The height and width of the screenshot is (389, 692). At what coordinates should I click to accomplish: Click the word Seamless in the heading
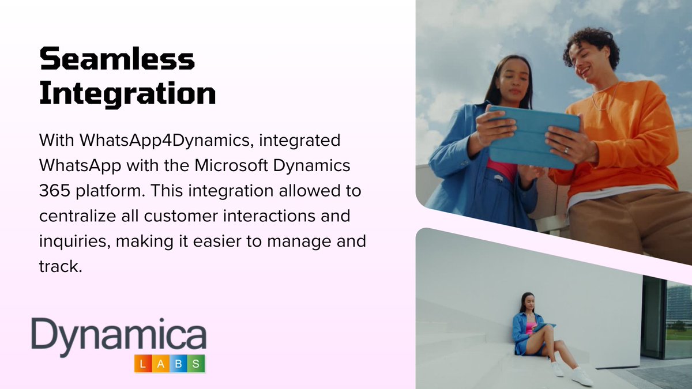tap(117, 59)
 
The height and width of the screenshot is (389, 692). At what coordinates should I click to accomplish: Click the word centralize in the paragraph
tap(80, 215)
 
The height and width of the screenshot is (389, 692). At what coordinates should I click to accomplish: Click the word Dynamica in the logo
tap(119, 337)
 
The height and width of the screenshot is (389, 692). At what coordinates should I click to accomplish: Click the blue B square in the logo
tap(179, 364)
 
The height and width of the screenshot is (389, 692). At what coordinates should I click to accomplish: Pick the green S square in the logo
tap(197, 364)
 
